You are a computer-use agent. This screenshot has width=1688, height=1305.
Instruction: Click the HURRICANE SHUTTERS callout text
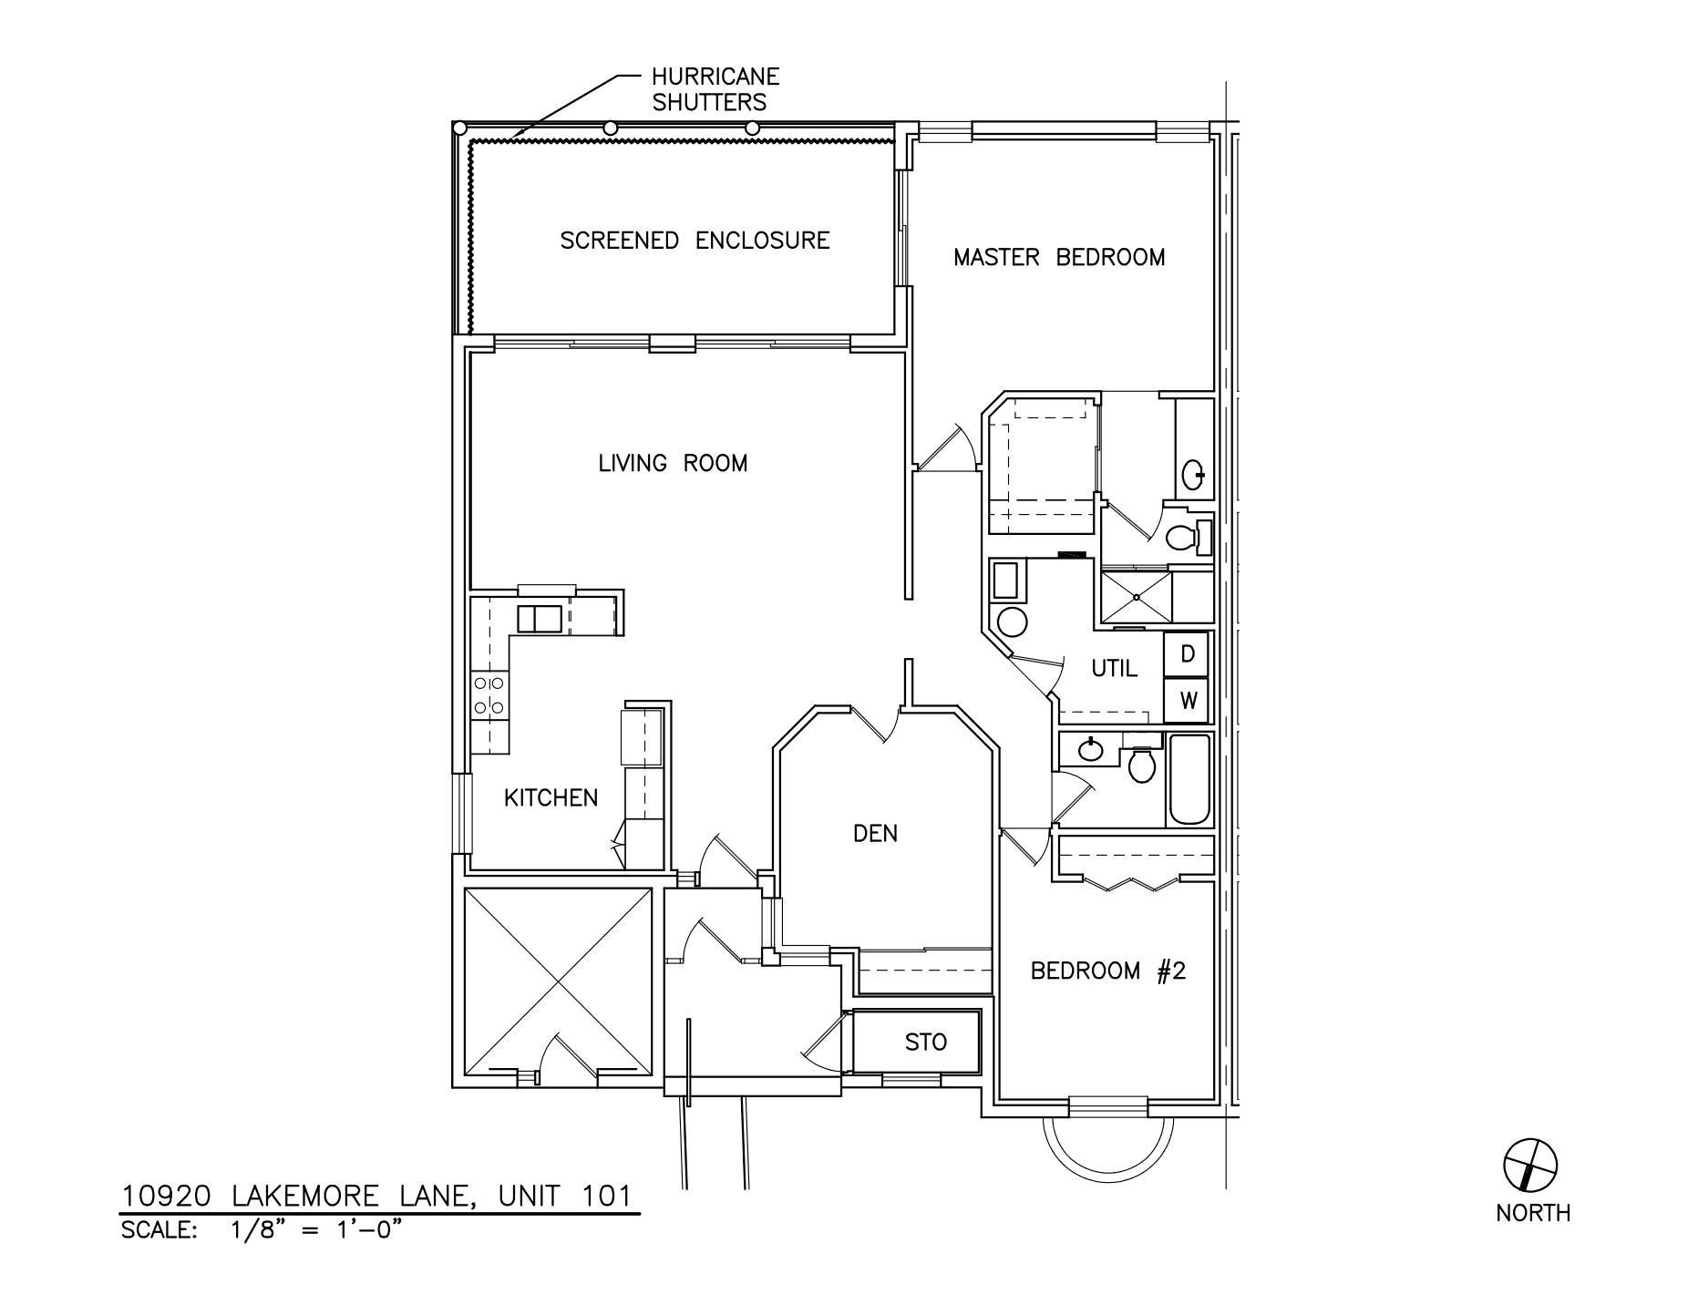pos(715,89)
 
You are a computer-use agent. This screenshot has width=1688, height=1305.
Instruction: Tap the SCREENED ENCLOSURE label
pos(695,241)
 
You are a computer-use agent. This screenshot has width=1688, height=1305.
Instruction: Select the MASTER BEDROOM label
pos(1058,258)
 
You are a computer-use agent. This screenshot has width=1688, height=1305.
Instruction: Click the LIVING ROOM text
pos(673,463)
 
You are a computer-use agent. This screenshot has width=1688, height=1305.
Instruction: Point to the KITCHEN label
pos(551,798)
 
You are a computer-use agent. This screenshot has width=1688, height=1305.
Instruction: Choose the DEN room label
pos(875,833)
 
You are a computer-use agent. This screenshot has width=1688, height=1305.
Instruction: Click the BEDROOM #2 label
pos(1107,971)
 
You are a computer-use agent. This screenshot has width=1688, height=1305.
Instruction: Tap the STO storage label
pos(925,1042)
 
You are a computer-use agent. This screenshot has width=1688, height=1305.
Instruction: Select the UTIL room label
pos(1114,669)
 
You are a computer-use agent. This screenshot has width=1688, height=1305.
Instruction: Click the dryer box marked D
pos(1187,653)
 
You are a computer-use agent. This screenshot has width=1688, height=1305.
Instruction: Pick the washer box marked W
pos(1187,701)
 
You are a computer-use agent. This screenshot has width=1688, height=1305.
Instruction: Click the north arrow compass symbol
pos(1529,1165)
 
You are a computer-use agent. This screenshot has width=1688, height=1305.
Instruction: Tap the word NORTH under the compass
pos(1532,1213)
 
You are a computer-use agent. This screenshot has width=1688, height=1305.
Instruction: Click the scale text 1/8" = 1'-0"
pos(315,1230)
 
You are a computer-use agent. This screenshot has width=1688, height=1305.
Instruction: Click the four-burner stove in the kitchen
pos(489,694)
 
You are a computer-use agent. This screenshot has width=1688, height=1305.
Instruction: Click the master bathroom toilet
pos(1185,537)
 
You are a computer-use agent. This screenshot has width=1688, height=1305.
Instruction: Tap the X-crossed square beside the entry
pos(558,982)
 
